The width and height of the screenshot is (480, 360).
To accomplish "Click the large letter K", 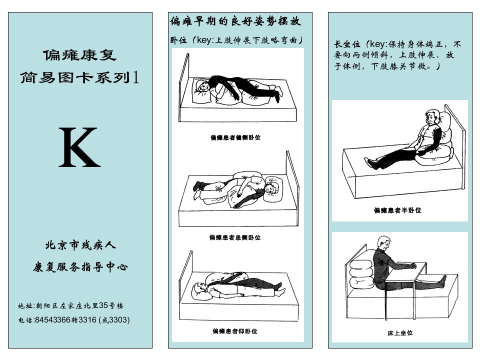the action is pyautogui.click(x=79, y=147).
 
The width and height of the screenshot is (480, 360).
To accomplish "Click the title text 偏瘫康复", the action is pyautogui.click(x=79, y=55).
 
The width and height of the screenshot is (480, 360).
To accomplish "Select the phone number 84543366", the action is pyautogui.click(x=52, y=320).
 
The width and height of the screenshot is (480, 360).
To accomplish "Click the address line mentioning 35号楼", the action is pyautogui.click(x=70, y=305).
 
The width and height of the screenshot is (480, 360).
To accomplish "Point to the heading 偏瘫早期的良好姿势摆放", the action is pyautogui.click(x=235, y=21).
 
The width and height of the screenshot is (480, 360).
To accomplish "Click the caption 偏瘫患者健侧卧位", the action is pyautogui.click(x=235, y=137).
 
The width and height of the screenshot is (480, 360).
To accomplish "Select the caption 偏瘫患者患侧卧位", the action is pyautogui.click(x=235, y=237).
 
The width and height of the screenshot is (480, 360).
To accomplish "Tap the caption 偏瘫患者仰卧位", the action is pyautogui.click(x=235, y=331).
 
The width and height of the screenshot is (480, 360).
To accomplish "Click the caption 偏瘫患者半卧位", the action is pyautogui.click(x=397, y=210).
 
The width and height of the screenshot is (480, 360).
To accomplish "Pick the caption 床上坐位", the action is pyautogui.click(x=400, y=333).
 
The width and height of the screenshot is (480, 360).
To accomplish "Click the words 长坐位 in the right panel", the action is pyautogui.click(x=347, y=44).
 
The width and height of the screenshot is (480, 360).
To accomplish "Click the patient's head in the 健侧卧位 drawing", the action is pyautogui.click(x=202, y=86).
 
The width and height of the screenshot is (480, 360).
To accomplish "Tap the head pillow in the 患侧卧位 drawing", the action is pyautogui.click(x=273, y=188).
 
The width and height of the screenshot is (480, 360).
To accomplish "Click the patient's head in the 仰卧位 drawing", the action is pyautogui.click(x=199, y=288).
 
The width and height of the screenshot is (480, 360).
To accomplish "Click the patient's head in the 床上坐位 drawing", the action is pyautogui.click(x=384, y=243).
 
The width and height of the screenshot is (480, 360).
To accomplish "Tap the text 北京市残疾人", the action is pyautogui.click(x=80, y=245).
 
